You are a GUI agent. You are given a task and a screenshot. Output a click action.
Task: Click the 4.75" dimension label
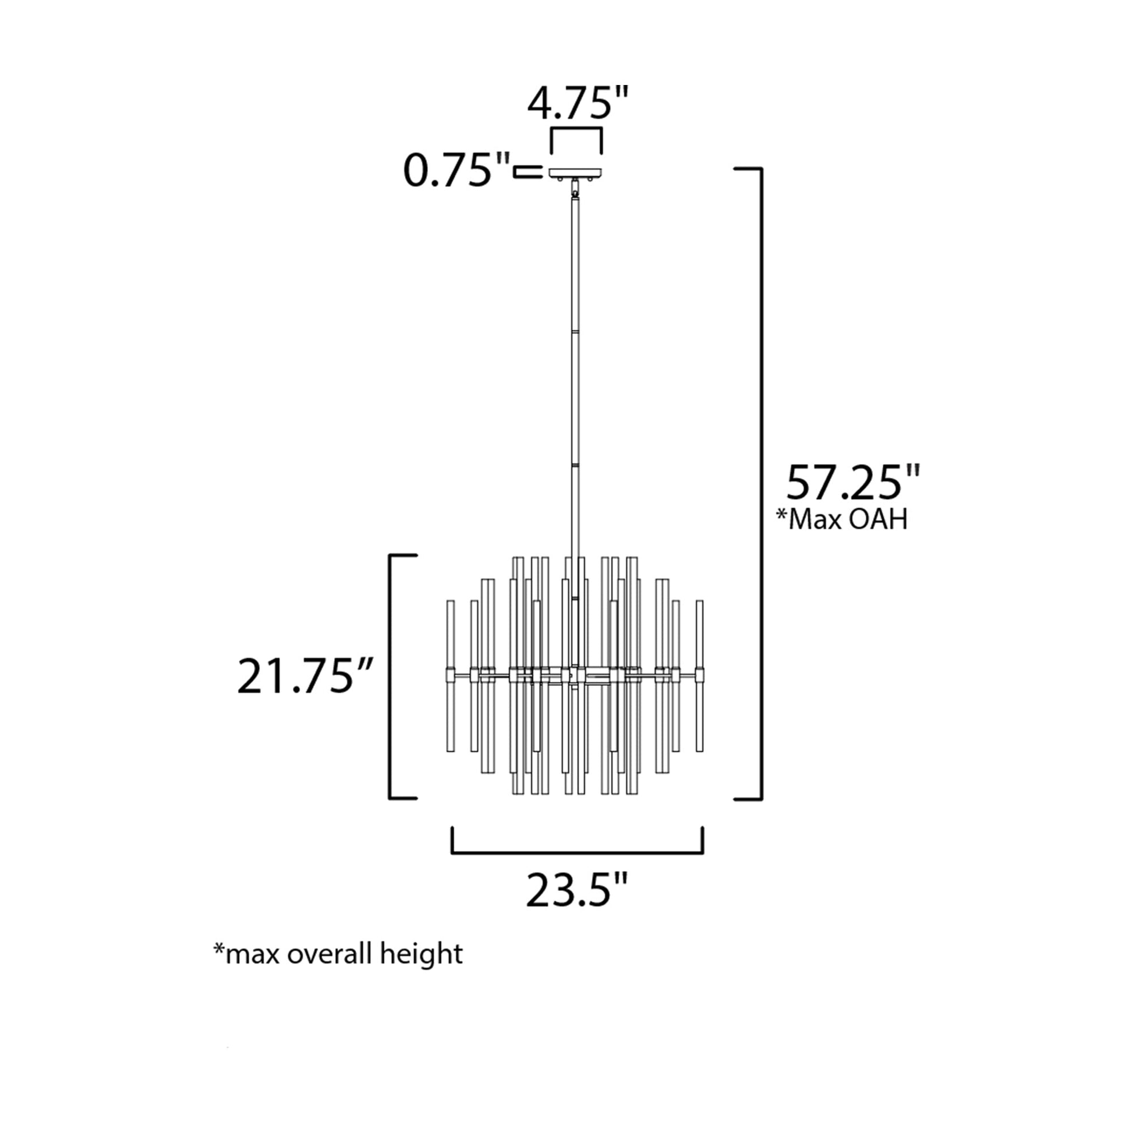pyautogui.click(x=578, y=103)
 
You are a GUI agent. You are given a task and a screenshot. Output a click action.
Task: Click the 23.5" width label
pyautogui.click(x=577, y=890)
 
